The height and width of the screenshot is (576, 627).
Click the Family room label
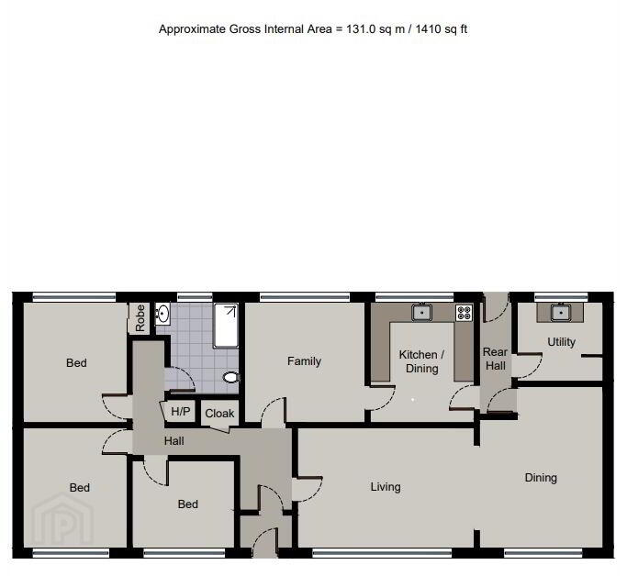(x=304, y=361)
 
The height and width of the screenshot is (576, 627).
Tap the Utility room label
(x=562, y=342)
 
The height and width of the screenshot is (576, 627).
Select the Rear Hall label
(x=496, y=359)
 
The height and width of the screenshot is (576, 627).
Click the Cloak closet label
(x=219, y=414)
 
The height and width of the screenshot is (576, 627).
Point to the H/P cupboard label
(x=181, y=411)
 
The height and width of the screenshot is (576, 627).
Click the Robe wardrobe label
(x=140, y=318)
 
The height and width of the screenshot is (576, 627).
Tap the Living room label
(x=386, y=487)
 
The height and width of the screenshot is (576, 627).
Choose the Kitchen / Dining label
(x=421, y=361)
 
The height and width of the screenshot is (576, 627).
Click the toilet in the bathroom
(x=230, y=377)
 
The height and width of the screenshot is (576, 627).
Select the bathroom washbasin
(x=162, y=313)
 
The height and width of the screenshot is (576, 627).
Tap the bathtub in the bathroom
(x=226, y=326)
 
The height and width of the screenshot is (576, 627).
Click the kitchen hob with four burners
(x=465, y=313)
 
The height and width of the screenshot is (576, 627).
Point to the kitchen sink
(x=421, y=313)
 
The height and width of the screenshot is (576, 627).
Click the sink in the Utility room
(x=561, y=313)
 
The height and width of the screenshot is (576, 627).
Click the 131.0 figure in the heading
(x=361, y=29)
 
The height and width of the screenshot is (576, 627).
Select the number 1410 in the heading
(x=429, y=29)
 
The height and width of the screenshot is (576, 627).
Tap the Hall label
(x=174, y=441)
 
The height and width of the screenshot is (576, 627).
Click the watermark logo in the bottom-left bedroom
(x=62, y=518)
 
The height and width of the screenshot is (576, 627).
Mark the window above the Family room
(x=305, y=297)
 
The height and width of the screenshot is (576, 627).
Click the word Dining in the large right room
(x=541, y=478)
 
